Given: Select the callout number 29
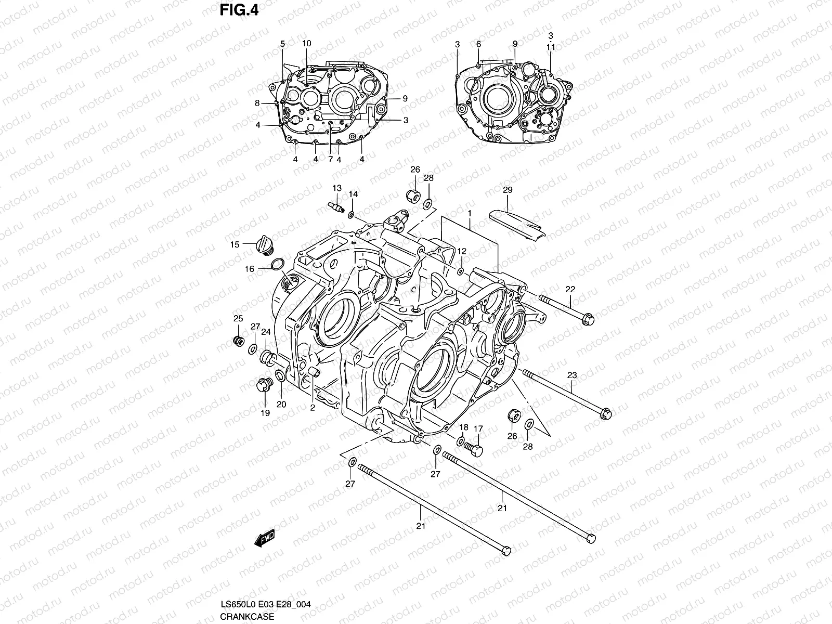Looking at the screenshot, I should tap(508, 191).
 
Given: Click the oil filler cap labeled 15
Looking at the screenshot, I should tap(265, 244).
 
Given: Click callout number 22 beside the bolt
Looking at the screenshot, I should tap(570, 290).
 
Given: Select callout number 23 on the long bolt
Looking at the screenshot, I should tap(572, 375).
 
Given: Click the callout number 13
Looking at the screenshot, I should tap(337, 188).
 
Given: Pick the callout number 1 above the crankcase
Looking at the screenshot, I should tap(470, 213).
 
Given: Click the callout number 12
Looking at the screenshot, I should tap(462, 251).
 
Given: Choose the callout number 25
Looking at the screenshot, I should tap(238, 318).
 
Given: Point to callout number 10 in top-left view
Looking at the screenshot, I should tap(306, 43).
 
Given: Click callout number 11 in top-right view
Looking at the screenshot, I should tap(551, 47).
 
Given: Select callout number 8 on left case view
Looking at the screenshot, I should tap(257, 103).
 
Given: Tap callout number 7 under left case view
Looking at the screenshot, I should tap(330, 159).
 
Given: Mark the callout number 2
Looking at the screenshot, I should tap(313, 408).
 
